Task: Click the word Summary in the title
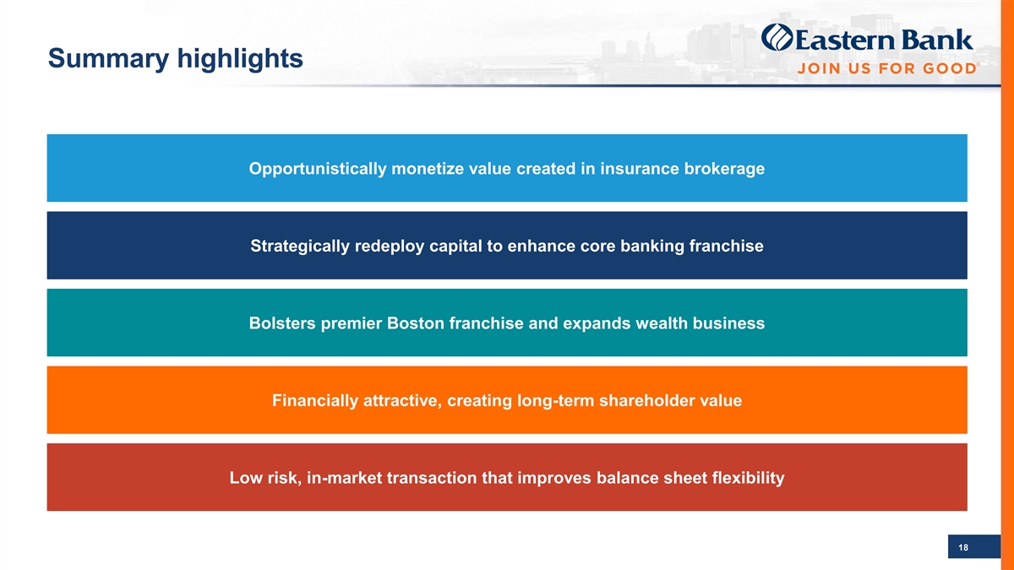click(109, 59)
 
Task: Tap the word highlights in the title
click(240, 59)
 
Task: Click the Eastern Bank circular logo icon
click(777, 37)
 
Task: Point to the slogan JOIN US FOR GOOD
click(886, 68)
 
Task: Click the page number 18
click(962, 548)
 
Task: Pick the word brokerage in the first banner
click(724, 169)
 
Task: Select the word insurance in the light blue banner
click(639, 169)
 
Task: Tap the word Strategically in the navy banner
click(300, 246)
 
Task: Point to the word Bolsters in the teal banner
click(282, 323)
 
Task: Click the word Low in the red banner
click(245, 478)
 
